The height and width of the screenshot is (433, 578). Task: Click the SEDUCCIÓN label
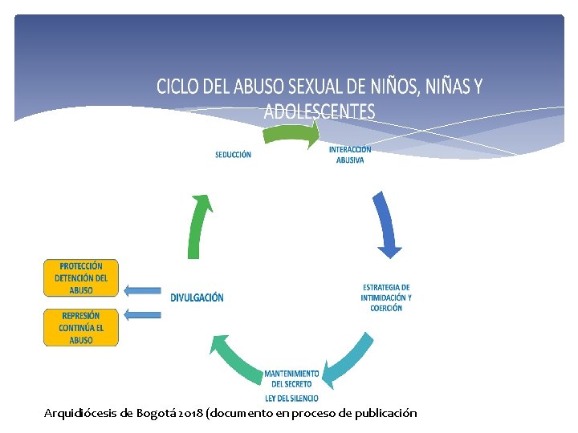point(233,155)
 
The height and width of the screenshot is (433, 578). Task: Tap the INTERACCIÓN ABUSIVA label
point(350,154)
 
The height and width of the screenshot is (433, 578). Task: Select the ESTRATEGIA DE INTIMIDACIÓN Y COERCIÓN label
point(386,297)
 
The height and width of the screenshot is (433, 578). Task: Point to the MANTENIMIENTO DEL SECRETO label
point(291,378)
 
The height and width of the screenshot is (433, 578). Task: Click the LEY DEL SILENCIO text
point(291,399)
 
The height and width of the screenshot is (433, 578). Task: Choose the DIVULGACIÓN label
point(197,297)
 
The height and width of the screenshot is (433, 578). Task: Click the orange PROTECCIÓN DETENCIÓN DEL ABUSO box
point(80,278)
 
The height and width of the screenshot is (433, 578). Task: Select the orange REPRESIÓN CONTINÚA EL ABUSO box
point(80,327)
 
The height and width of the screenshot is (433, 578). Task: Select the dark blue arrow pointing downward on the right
point(385,224)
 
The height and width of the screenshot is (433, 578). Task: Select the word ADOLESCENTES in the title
point(320,111)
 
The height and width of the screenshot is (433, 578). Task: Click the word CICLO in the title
point(177,87)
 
